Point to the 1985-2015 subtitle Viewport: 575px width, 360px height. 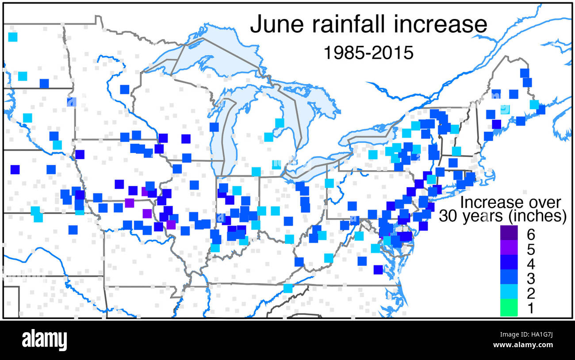[368, 53]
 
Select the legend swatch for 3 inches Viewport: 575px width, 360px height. [509, 278]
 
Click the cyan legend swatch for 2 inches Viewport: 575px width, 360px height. [509, 293]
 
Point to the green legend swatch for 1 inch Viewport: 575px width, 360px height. [509, 308]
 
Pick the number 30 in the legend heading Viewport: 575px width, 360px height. [448, 216]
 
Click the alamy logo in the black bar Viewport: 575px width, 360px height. [44, 340]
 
